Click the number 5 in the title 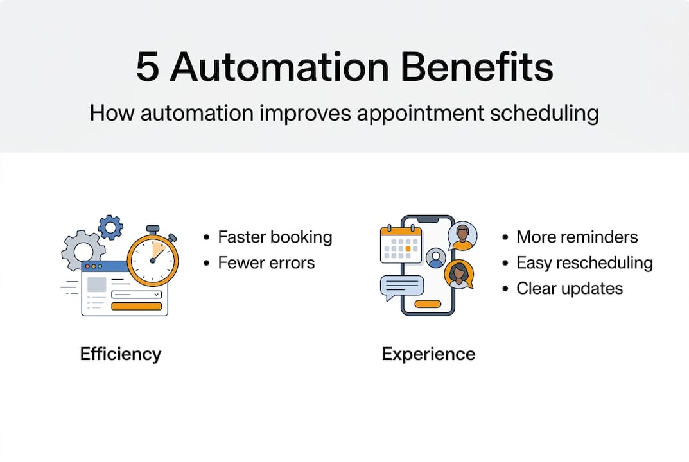(147, 67)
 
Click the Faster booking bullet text (275, 237)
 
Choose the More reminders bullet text (577, 237)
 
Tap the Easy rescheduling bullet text (584, 262)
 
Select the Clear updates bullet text (569, 288)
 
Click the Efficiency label (120, 354)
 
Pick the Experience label (428, 354)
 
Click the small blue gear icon (110, 227)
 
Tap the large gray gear (83, 251)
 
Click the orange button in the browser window (136, 306)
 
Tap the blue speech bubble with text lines (401, 287)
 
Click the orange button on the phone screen (428, 304)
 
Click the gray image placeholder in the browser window (97, 284)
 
